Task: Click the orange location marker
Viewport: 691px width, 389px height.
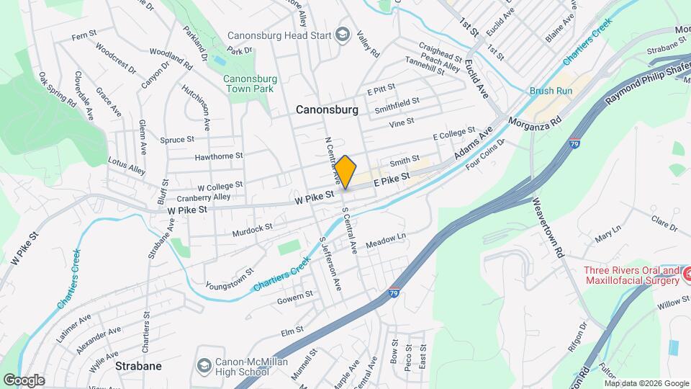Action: (x=345, y=171)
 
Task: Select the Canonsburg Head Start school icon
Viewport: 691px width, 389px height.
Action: (x=343, y=35)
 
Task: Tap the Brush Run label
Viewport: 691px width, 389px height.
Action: (x=551, y=91)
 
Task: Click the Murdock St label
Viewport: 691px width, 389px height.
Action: (x=253, y=228)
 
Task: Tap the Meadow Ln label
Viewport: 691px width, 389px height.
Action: (x=387, y=241)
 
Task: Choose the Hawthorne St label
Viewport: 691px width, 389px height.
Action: (x=219, y=156)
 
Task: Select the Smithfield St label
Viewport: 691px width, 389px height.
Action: (x=397, y=107)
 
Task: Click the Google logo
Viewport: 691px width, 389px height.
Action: (x=23, y=380)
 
